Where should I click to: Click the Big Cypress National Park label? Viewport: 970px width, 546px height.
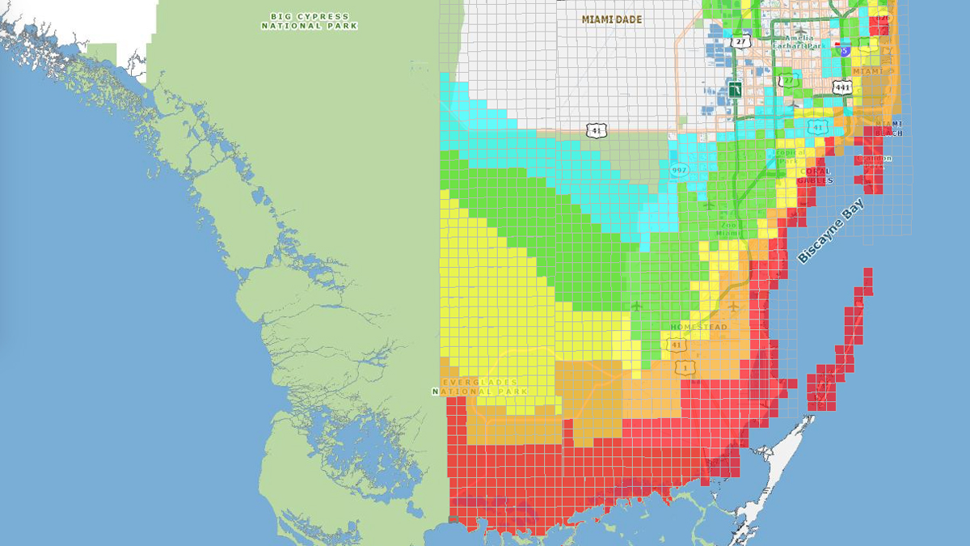coord(310,21)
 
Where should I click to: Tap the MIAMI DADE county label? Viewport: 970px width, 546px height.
coord(611,19)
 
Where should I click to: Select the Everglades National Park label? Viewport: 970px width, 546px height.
coord(480,387)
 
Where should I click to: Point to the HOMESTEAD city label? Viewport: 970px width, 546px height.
coord(698,328)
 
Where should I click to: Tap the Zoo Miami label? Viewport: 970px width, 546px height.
coord(728,228)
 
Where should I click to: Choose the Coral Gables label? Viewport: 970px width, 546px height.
coord(816,176)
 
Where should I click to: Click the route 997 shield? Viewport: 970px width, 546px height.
coord(678,169)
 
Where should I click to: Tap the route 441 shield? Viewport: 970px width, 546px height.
coord(842,87)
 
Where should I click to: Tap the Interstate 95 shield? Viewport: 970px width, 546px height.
coord(844,50)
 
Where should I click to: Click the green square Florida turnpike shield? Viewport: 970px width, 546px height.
coord(736,88)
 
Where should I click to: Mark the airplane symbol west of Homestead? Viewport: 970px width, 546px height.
coord(636,306)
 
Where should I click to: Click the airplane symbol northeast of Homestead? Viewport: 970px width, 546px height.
coord(733,307)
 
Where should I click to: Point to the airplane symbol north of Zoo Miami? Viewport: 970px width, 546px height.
coord(709,205)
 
